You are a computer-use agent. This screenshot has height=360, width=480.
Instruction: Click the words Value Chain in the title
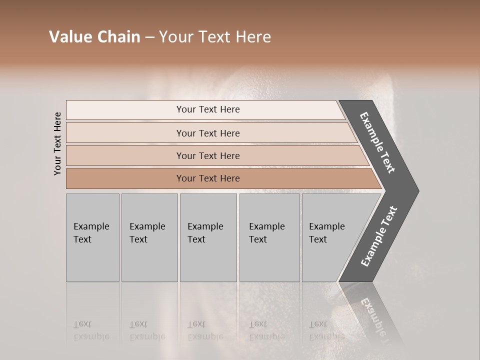pyautogui.click(x=94, y=37)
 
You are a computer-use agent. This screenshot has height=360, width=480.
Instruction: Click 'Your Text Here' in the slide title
pyautogui.click(x=215, y=37)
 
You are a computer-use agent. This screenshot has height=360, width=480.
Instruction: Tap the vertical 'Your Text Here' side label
pyautogui.click(x=57, y=143)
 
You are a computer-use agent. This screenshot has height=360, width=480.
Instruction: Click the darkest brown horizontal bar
pyautogui.click(x=125, y=178)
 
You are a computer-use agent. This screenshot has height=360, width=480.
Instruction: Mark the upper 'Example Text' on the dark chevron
pyautogui.click(x=377, y=142)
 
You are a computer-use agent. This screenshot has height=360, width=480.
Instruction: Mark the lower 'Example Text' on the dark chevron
pyautogui.click(x=378, y=236)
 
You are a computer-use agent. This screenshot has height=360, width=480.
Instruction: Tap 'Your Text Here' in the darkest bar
pyautogui.click(x=208, y=178)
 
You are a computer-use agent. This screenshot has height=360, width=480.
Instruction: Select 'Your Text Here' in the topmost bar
pyautogui.click(x=208, y=109)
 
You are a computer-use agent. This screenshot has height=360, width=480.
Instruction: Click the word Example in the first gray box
pyautogui.click(x=91, y=226)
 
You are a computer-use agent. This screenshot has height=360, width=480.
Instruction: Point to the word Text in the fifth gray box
pyautogui.click(x=318, y=239)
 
